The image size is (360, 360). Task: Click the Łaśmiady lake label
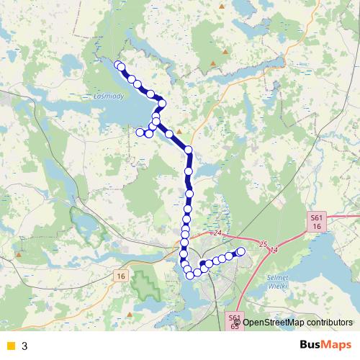tap(109, 94)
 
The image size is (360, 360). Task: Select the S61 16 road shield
tap(317, 221)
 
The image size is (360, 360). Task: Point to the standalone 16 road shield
tap(120, 276)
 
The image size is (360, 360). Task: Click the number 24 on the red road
tap(218, 233)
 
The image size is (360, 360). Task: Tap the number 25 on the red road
tap(263, 243)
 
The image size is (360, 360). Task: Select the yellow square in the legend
tap(10, 346)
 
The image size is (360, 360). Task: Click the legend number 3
tap(24, 346)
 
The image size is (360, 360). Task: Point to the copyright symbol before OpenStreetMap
tap(237, 323)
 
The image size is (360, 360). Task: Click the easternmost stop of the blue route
tap(241, 251)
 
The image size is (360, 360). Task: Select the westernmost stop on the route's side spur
tap(140, 132)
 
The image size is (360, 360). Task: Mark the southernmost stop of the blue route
tap(190, 275)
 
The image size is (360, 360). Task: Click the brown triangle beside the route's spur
tap(179, 131)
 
